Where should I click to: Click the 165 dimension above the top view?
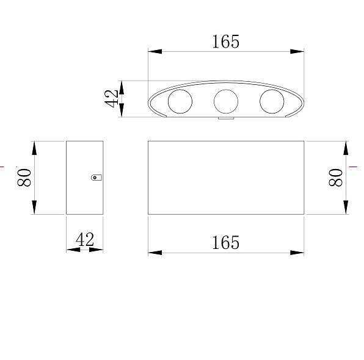pos(225,41)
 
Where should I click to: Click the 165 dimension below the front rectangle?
pos(225,243)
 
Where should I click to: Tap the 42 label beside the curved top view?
pos(111,99)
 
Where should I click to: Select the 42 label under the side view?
pos(85,240)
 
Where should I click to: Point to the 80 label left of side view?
pos(24,178)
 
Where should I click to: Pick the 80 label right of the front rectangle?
pos(336,178)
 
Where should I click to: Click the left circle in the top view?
pos(180,101)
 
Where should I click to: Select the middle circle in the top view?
pos(226,101)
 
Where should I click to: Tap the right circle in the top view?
pos(272,101)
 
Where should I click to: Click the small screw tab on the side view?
pos(96,178)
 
